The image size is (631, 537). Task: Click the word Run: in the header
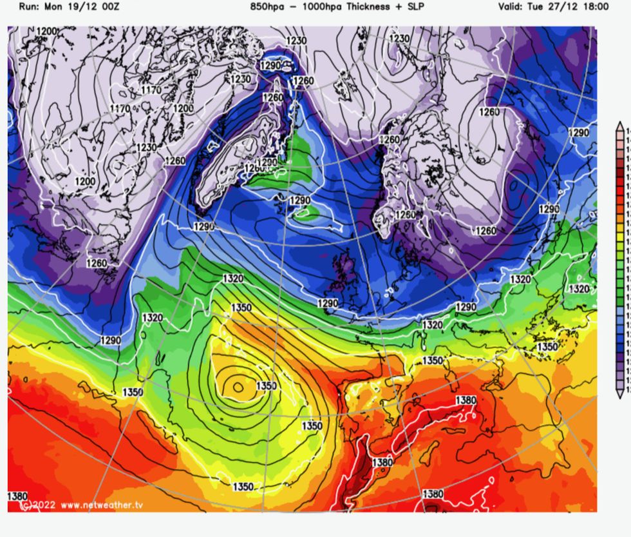(x=30, y=7)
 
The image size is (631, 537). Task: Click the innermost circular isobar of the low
(x=238, y=387)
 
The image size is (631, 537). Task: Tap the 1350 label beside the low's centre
(x=266, y=386)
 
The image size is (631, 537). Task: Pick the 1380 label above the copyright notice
(x=17, y=496)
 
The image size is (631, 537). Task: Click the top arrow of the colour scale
(x=621, y=125)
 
